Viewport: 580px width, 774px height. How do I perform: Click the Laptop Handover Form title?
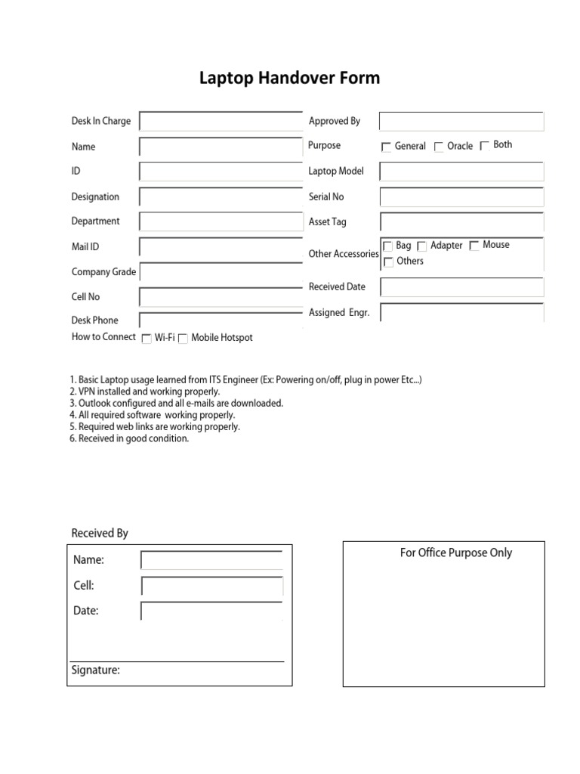[x=289, y=78]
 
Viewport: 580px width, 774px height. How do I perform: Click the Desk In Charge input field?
[x=221, y=122]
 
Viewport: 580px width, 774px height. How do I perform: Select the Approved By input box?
[x=461, y=122]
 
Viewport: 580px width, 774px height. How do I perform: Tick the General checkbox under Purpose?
[x=387, y=147]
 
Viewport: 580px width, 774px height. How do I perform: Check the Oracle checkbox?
[x=439, y=147]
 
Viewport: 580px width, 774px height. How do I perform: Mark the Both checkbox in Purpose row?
[x=485, y=146]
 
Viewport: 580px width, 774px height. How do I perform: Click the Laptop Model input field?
[x=461, y=172]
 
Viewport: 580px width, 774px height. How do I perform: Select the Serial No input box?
[x=461, y=197]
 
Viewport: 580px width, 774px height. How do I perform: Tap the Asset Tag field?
[x=461, y=222]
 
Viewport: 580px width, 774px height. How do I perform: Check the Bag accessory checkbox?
[x=388, y=246]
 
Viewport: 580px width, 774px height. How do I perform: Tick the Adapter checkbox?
[x=422, y=246]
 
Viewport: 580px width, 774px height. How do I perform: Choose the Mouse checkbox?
[x=474, y=246]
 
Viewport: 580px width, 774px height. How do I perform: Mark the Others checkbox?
[x=388, y=262]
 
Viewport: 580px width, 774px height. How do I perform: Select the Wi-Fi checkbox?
[x=147, y=339]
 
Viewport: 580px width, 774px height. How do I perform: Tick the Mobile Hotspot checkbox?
[x=183, y=339]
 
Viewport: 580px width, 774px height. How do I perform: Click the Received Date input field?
[x=461, y=287]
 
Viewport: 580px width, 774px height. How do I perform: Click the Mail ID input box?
[x=221, y=247]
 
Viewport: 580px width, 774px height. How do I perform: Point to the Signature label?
[x=95, y=670]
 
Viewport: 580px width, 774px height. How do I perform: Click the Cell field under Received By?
[x=211, y=587]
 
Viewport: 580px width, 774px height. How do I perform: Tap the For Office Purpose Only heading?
[x=455, y=553]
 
